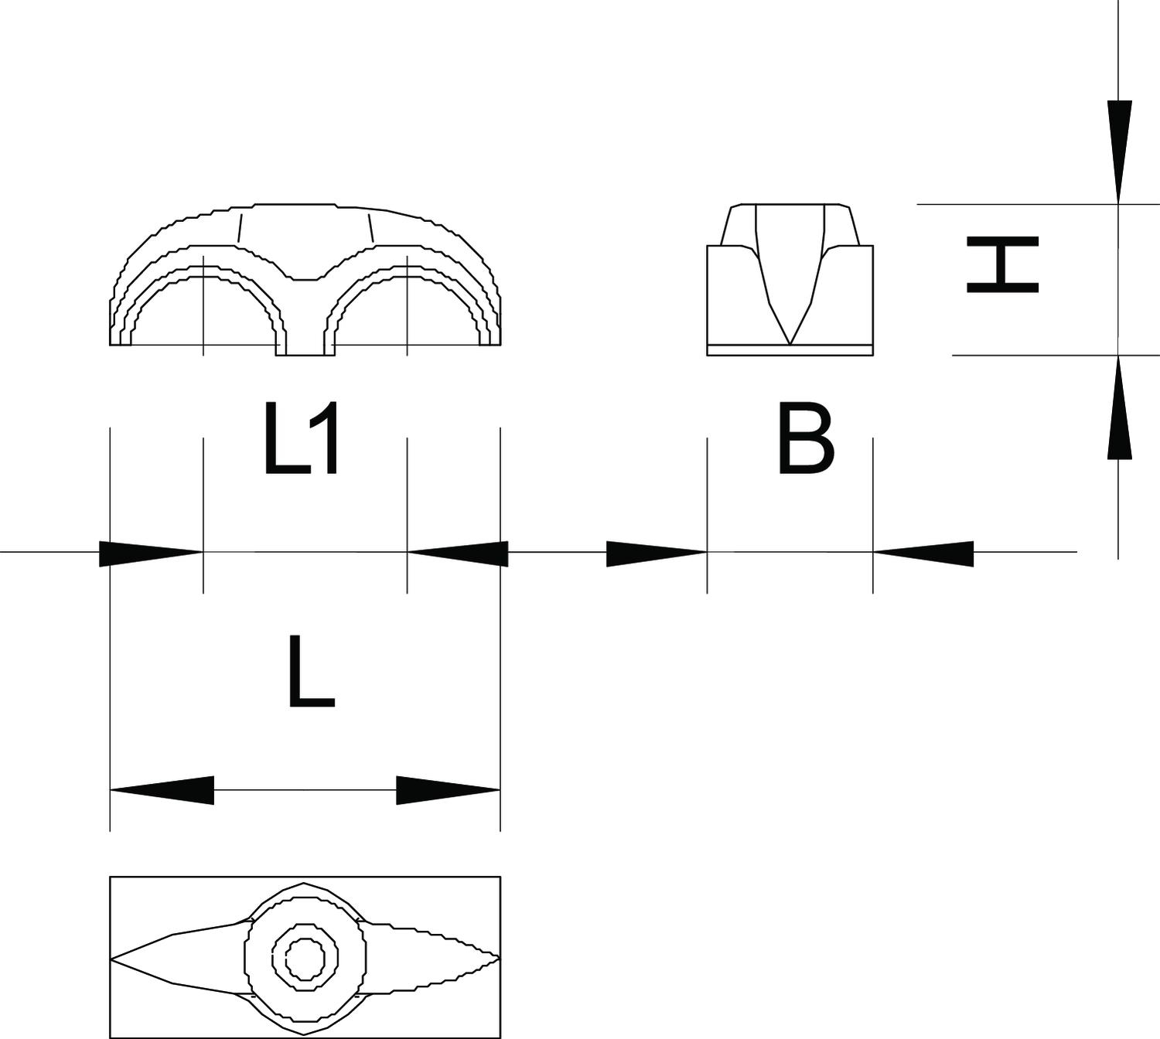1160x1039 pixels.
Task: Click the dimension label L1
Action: [301, 438]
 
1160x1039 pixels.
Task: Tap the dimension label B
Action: [805, 438]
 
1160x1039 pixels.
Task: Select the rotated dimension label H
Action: [1002, 264]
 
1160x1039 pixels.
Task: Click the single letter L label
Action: [312, 671]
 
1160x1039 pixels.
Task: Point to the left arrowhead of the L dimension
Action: [162, 791]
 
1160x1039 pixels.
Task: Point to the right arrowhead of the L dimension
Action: [449, 791]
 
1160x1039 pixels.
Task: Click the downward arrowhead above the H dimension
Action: [1119, 152]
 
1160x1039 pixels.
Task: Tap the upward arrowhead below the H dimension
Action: [1119, 407]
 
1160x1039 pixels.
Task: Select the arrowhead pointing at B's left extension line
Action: [657, 554]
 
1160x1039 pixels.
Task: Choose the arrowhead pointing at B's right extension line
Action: [923, 554]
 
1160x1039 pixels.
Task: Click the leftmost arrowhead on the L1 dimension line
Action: [151, 554]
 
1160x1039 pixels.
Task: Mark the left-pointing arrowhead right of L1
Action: [458, 554]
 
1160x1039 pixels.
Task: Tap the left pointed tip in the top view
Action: [111, 957]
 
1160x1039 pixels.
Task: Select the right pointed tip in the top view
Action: [500, 957]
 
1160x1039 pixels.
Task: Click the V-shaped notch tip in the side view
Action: [790, 345]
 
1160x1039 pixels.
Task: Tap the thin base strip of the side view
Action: [790, 350]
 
